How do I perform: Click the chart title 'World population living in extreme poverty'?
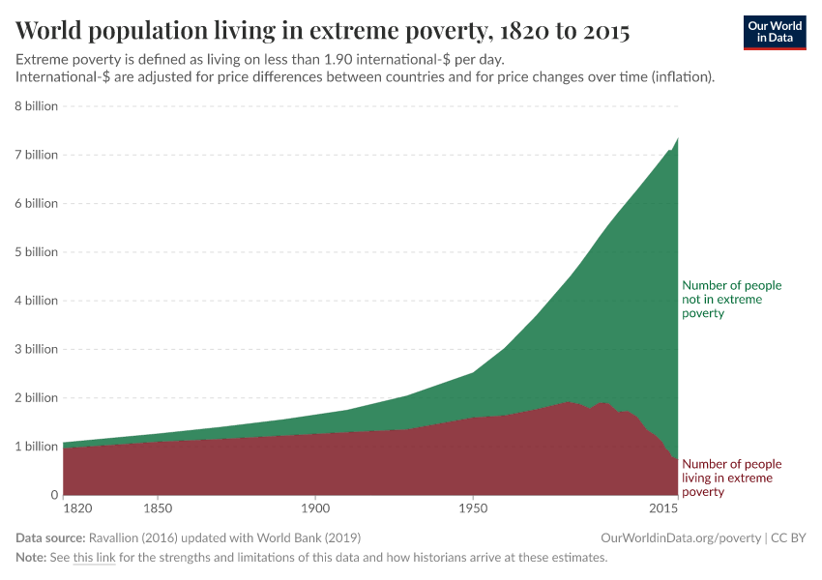tap(322, 32)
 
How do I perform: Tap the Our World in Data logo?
tap(774, 32)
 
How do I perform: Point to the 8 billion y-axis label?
tap(37, 106)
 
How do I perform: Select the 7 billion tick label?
tap(37, 155)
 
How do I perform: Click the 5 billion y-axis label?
tap(37, 252)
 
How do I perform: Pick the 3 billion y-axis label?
tap(37, 349)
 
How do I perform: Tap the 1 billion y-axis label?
tap(37, 447)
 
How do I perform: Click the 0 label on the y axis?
tap(54, 495)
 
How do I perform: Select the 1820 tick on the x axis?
tap(76, 507)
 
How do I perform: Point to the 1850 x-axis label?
tap(158, 507)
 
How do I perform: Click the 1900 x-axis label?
tap(314, 507)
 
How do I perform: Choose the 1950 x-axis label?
tap(472, 507)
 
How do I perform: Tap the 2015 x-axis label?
tap(663, 507)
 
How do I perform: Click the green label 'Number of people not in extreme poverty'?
tap(731, 300)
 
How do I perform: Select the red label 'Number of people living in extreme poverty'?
tap(731, 478)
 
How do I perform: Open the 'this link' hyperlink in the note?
tap(94, 558)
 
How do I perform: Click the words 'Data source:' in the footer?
tap(50, 537)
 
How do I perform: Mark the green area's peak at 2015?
tap(677, 139)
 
